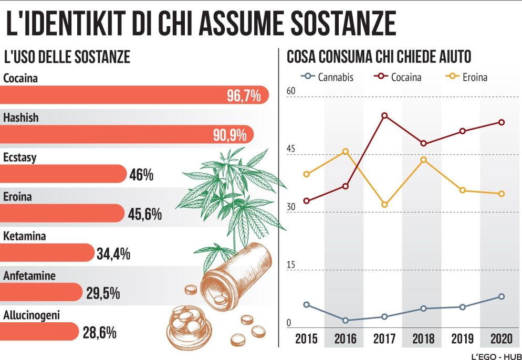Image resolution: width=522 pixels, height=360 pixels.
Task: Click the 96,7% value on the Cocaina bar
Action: click(x=244, y=96)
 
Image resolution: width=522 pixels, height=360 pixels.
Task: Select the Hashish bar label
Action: click(x=21, y=118)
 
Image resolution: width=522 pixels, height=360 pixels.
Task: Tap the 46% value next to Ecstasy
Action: click(x=141, y=175)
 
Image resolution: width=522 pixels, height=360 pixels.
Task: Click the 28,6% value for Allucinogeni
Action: click(x=99, y=332)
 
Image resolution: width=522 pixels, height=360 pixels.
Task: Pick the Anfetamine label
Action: click(x=29, y=276)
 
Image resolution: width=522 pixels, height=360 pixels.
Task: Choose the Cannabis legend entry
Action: click(x=328, y=77)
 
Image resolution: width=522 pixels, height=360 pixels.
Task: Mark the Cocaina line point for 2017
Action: click(x=384, y=115)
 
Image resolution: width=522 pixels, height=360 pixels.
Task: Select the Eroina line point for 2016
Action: click(x=345, y=152)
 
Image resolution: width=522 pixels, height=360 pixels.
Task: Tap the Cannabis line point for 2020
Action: click(x=502, y=297)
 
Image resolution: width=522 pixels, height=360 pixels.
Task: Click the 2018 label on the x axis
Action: click(x=423, y=338)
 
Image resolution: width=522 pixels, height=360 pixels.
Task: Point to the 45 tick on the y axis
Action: click(x=291, y=150)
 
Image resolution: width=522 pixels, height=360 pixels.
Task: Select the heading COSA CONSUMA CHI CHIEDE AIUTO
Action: click(x=379, y=57)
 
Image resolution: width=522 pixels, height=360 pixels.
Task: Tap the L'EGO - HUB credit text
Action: click(x=495, y=355)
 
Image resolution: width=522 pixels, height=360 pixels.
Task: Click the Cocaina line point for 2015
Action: click(x=306, y=201)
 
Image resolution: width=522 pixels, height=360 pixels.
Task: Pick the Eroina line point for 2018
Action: click(x=423, y=160)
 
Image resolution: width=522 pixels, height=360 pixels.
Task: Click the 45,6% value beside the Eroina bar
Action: click(x=145, y=214)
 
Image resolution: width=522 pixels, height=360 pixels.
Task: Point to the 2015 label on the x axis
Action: click(x=306, y=338)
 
